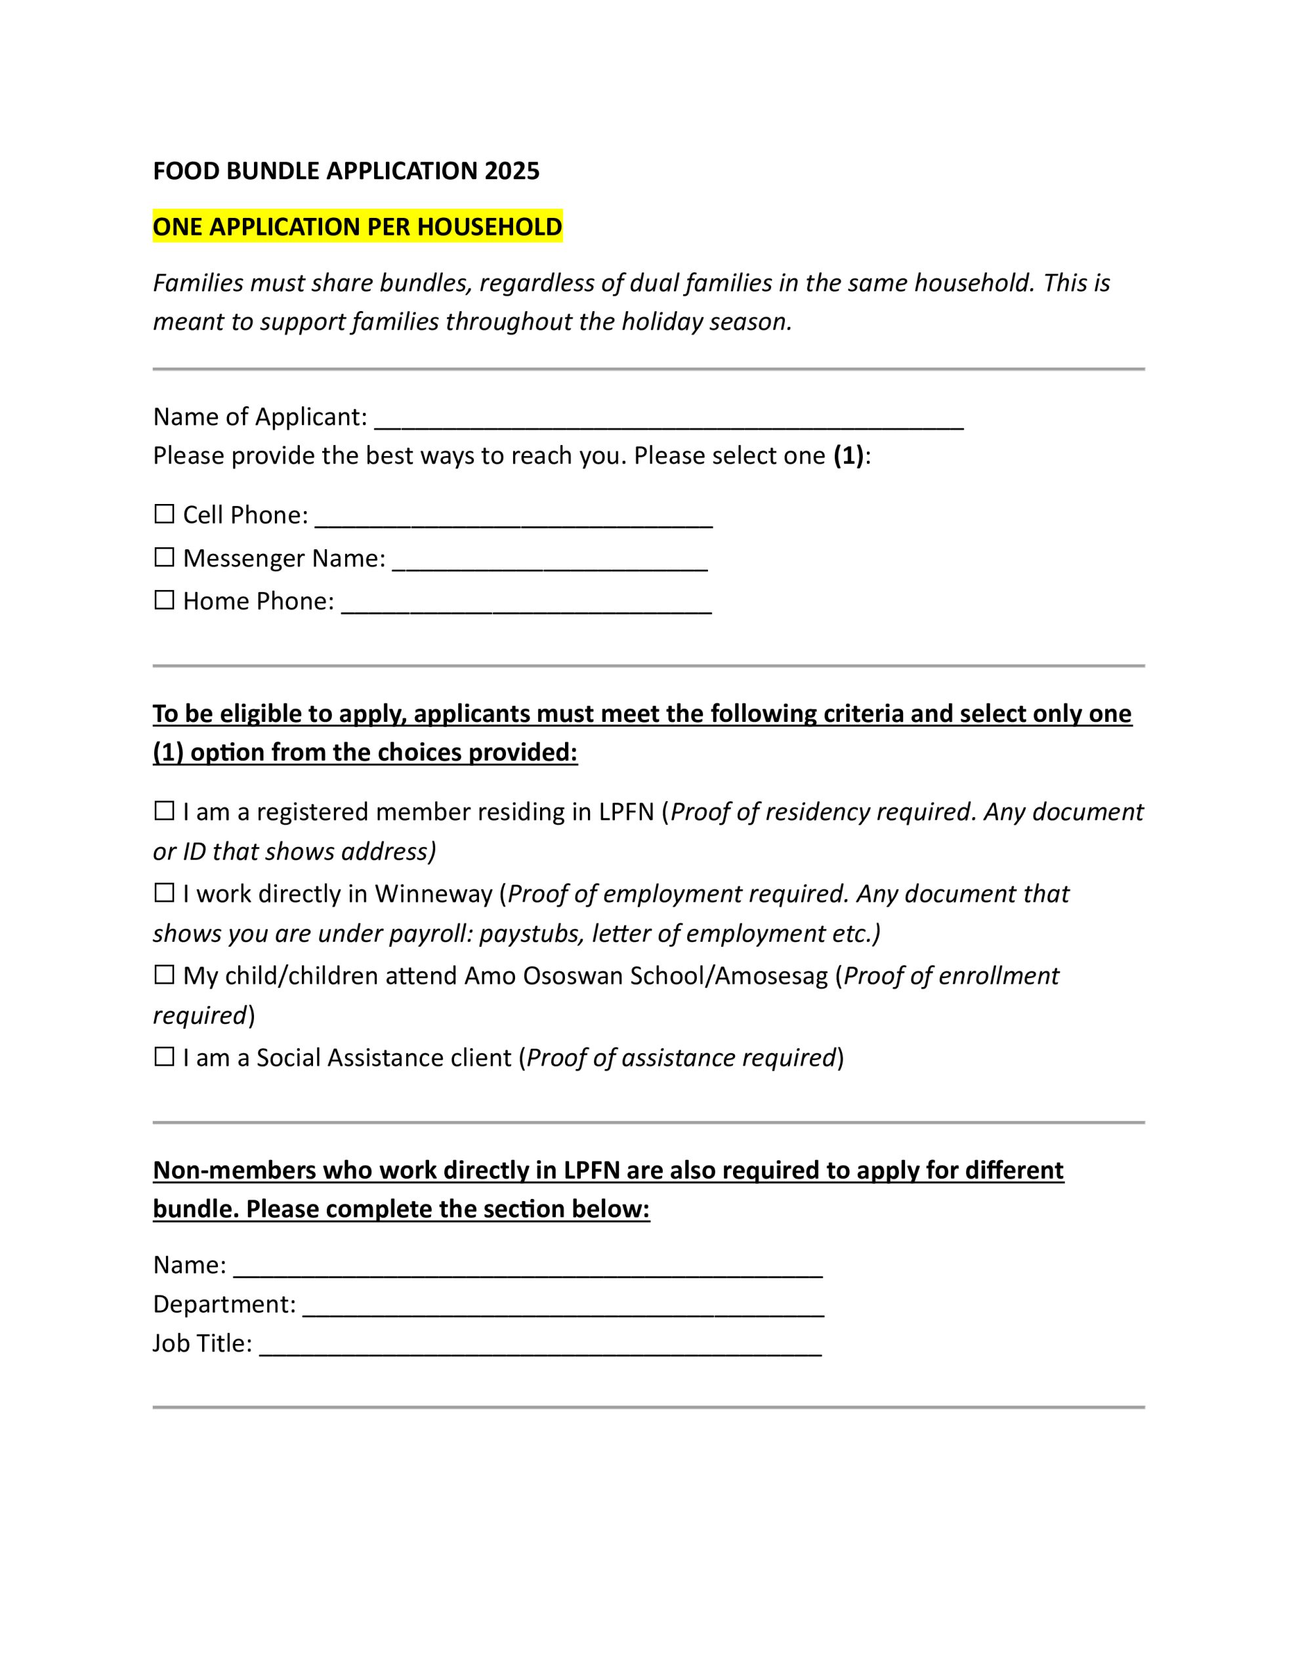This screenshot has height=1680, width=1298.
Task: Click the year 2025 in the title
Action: tap(512, 171)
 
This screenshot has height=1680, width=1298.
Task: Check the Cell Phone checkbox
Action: tap(164, 514)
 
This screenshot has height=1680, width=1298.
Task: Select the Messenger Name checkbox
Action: tap(164, 557)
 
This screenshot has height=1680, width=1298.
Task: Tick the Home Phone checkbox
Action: tap(164, 600)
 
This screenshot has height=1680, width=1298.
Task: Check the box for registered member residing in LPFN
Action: tap(164, 810)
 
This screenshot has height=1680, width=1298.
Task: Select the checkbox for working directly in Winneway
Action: tap(164, 893)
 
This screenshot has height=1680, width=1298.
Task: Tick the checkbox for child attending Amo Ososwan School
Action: tap(164, 975)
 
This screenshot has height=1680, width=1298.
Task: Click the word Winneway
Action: tap(433, 894)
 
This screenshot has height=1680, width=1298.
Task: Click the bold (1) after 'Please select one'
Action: tap(848, 456)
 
